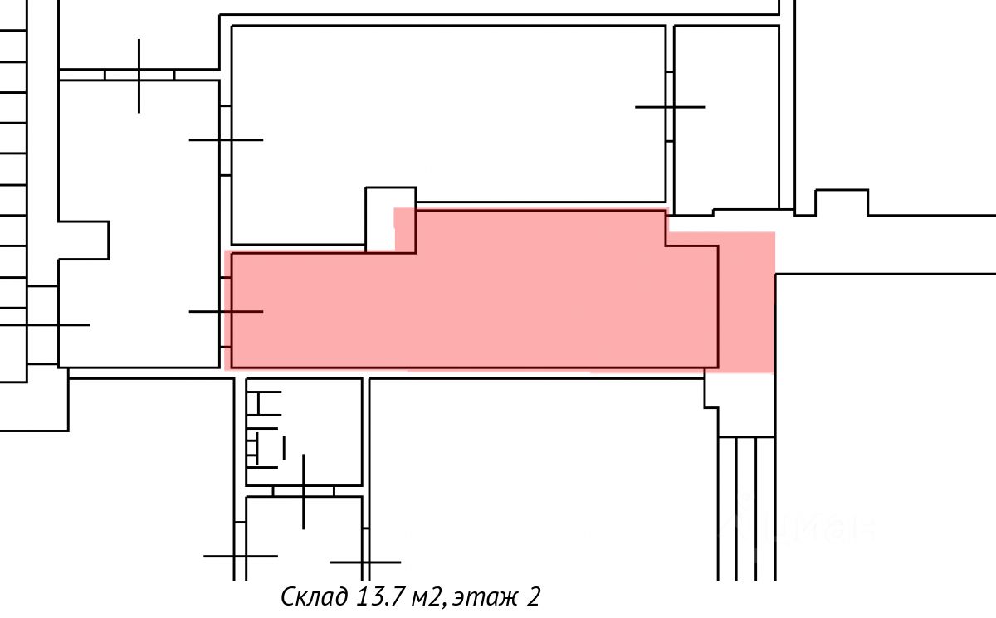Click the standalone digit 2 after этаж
click(532, 596)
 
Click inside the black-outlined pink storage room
click(473, 307)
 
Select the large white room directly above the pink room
click(448, 116)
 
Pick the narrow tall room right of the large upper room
click(726, 116)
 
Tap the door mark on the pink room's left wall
click(227, 311)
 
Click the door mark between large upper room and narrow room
click(670, 107)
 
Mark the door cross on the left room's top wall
click(139, 75)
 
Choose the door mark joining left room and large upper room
click(226, 139)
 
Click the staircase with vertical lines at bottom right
click(746, 506)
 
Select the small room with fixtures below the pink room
click(304, 431)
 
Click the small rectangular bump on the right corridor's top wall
click(842, 202)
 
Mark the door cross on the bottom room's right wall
click(364, 562)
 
